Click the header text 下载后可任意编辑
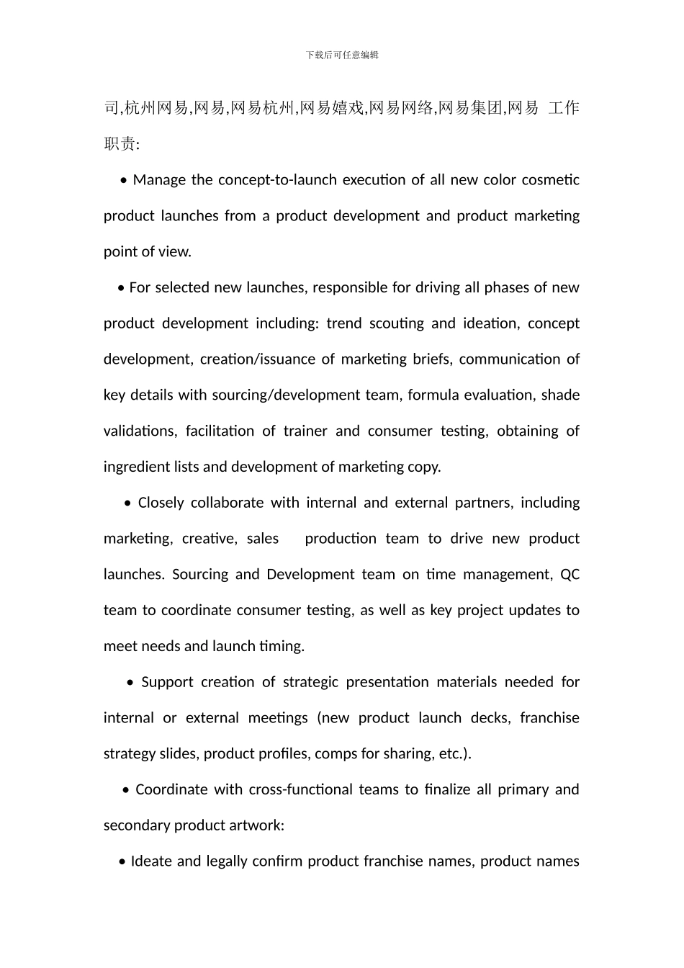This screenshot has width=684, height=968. [x=342, y=55]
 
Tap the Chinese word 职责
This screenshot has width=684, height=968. [x=119, y=144]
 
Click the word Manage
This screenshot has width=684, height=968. [x=159, y=180]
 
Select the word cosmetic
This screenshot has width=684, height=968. [x=551, y=180]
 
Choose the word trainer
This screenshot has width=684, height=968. [x=305, y=431]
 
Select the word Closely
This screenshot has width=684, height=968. [x=161, y=503]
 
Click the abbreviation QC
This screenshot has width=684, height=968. [x=570, y=575]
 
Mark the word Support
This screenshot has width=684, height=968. [x=167, y=682]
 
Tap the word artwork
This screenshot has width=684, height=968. [x=257, y=825]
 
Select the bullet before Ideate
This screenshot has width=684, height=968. [x=122, y=862]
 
